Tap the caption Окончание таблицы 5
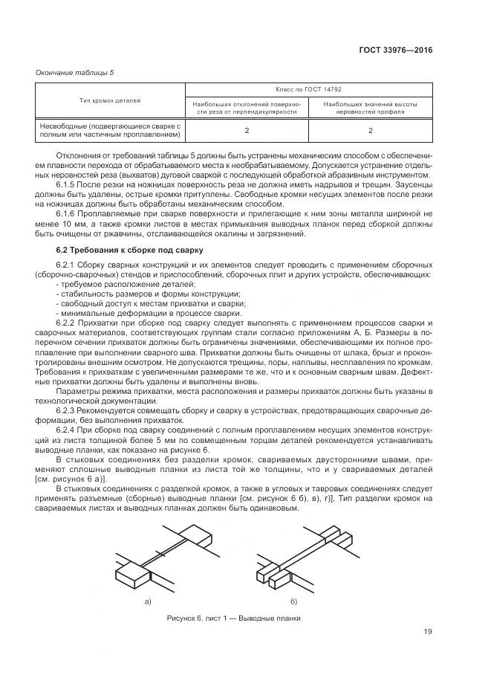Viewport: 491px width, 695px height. [x=74, y=72]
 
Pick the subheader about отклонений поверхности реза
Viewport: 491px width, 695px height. [x=246, y=109]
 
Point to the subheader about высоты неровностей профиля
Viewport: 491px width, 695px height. [x=370, y=109]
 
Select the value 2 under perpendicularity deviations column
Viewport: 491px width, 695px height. [x=246, y=131]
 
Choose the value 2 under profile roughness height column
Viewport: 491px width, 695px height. [x=370, y=131]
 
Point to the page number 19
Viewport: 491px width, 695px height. [x=427, y=633]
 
